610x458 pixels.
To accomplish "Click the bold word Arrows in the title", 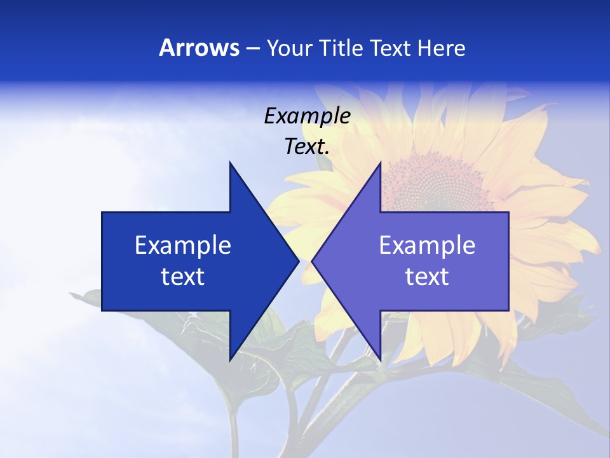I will [199, 48].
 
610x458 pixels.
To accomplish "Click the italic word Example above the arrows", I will [307, 116].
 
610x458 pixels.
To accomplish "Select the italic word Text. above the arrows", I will [307, 147].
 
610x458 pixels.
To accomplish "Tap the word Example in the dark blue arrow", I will [183, 245].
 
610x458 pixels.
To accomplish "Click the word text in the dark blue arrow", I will [183, 277].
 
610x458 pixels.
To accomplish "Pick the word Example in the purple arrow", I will [427, 245].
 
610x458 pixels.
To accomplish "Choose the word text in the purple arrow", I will [427, 277].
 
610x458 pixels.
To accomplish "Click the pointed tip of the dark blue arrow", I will [298, 261].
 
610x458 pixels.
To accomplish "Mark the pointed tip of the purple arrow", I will [313, 261].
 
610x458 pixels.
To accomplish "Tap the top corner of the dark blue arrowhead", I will [230, 163].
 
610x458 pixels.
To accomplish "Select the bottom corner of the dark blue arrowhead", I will [230, 360].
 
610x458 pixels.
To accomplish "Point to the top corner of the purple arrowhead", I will [380, 163].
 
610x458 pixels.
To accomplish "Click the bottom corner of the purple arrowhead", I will [380, 360].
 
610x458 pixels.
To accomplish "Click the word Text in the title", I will [390, 48].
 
